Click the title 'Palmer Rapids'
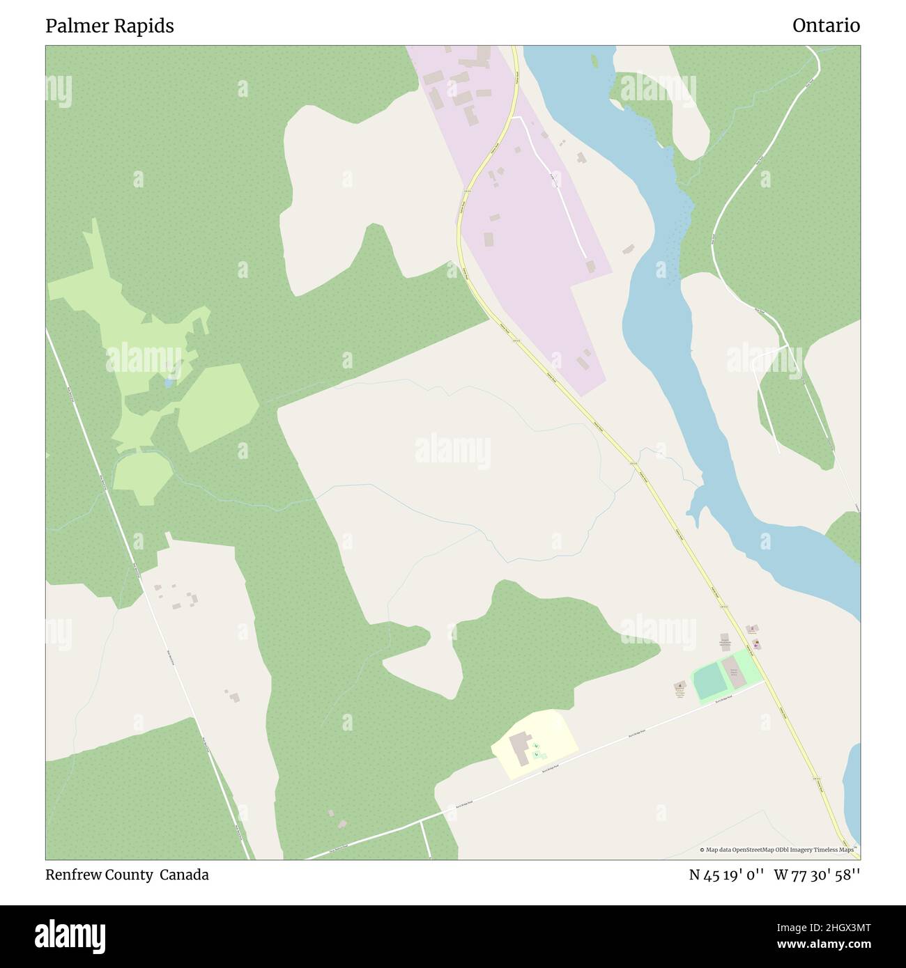[x=109, y=26]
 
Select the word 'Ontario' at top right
[x=826, y=26]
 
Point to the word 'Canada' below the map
[x=184, y=875]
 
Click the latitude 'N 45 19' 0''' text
[x=727, y=875]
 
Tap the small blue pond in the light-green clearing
[x=169, y=382]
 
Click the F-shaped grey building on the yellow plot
[x=520, y=747]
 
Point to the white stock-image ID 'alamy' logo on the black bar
[x=70, y=935]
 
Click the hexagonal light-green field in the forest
[x=218, y=407]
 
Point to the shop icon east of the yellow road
[x=756, y=644]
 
